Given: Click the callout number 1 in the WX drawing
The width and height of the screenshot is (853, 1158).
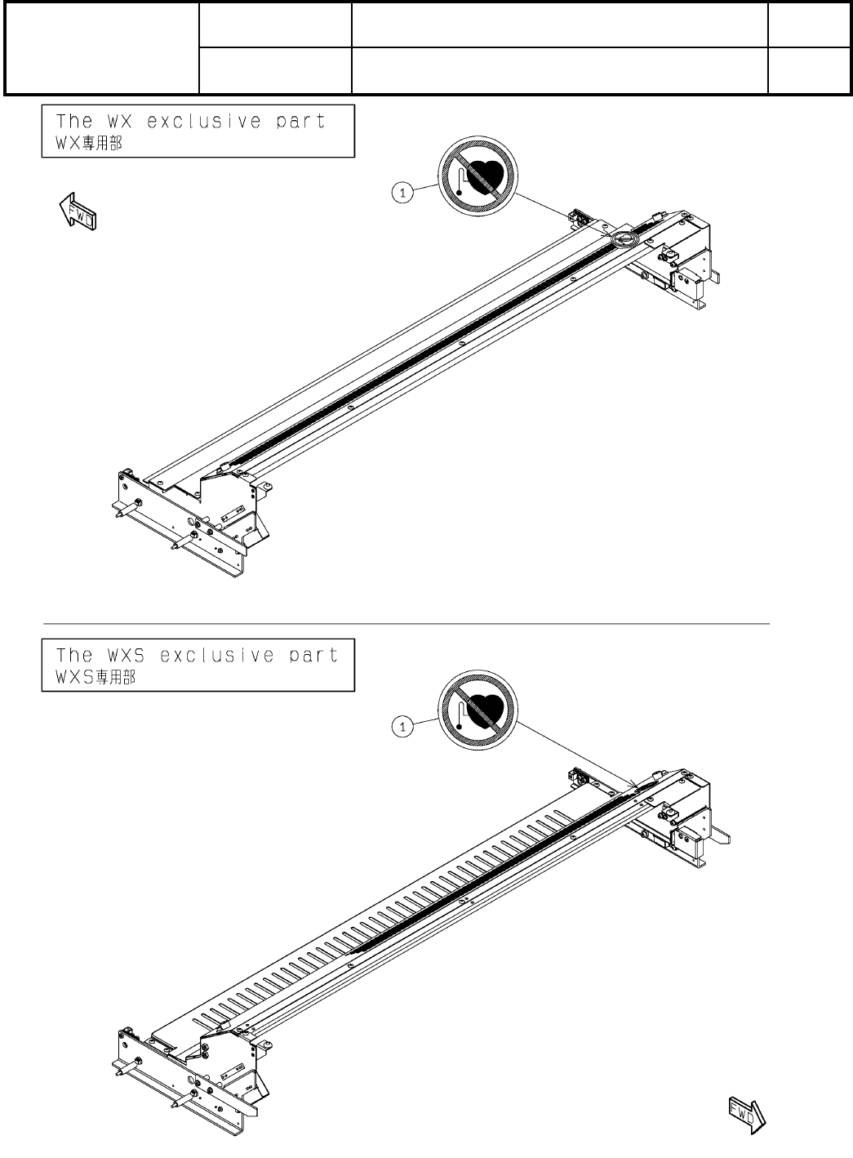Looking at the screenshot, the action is (x=399, y=192).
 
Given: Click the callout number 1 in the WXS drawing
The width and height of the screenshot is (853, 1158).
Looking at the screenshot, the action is (x=399, y=725).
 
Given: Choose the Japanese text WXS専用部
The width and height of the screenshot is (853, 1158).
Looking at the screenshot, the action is (x=91, y=678).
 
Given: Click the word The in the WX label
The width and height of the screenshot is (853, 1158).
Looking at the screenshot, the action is (x=73, y=122).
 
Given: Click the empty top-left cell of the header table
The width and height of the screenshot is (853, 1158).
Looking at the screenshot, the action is (x=102, y=48).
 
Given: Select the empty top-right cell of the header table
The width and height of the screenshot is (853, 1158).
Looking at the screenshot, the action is (x=807, y=24).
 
